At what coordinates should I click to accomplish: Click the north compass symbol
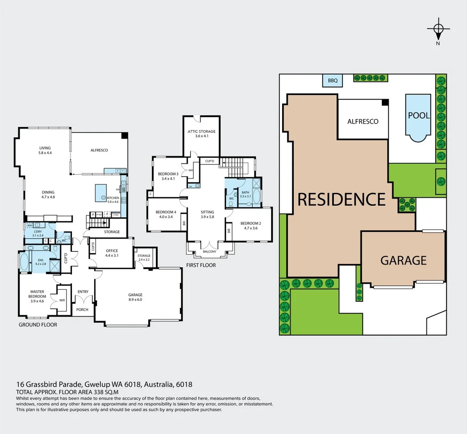438,29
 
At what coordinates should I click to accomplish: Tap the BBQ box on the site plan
333,80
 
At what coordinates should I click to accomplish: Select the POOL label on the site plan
419,115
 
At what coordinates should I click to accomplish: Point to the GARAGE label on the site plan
403,260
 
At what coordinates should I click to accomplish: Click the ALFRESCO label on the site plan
363,121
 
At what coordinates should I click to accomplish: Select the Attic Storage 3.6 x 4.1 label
201,134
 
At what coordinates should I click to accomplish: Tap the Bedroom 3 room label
168,176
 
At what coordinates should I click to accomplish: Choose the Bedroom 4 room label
166,214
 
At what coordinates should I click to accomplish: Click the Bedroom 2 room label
251,225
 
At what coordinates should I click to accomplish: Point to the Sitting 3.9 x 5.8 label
207,214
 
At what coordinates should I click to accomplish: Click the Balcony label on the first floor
209,252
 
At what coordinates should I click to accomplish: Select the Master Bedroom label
37,296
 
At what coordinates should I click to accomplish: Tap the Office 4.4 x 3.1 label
112,253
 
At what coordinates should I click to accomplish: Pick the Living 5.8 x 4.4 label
45,150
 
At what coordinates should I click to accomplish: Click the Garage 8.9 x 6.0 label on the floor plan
135,297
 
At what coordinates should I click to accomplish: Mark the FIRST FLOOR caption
201,265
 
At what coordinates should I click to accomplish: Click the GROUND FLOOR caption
38,325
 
